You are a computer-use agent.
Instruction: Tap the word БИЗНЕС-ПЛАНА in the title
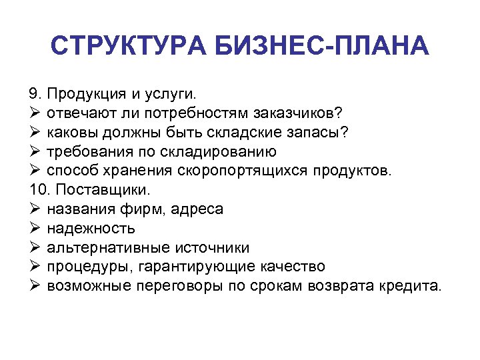pos(321,47)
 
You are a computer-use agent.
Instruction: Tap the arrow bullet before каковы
pos(36,132)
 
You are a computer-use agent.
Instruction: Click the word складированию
pos(215,151)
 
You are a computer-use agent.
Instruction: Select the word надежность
pos(91,229)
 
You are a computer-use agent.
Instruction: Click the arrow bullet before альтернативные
pos(36,248)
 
